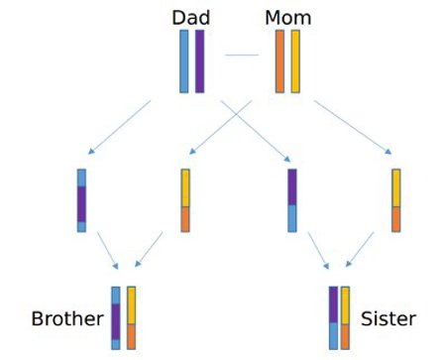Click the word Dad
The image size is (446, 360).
(x=189, y=17)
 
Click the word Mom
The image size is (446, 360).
(x=287, y=17)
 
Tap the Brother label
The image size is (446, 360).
(x=67, y=318)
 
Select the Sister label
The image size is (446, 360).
(x=388, y=318)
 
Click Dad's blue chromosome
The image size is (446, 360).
(x=184, y=61)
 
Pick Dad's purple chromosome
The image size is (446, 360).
(x=199, y=61)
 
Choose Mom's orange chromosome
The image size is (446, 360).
(x=279, y=61)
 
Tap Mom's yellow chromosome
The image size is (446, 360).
(x=295, y=61)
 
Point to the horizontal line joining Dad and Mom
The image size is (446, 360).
(x=241, y=55)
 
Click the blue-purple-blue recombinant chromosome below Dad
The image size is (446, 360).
(x=81, y=200)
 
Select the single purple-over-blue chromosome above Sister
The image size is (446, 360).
(x=292, y=200)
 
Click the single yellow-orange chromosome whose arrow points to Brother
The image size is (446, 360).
(x=185, y=200)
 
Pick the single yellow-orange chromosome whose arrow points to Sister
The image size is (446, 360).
(x=395, y=200)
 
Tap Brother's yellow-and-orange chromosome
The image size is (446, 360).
(x=131, y=317)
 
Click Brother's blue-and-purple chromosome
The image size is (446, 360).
(x=116, y=317)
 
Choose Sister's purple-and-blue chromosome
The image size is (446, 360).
(x=333, y=317)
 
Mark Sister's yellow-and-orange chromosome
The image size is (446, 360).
(x=345, y=317)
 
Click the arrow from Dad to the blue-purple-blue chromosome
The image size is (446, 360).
(x=119, y=126)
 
